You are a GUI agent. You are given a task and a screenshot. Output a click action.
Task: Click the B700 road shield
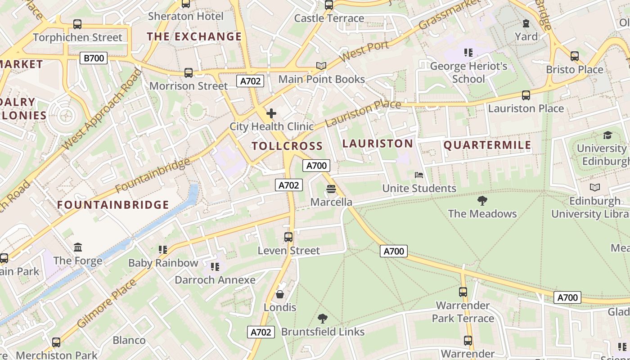(94, 58)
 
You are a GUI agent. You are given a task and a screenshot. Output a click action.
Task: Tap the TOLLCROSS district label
(287, 146)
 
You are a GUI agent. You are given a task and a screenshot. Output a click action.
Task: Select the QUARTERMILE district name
(487, 145)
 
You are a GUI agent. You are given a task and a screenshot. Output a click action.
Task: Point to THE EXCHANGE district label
(194, 36)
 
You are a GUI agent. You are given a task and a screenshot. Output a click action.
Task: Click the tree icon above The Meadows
(482, 201)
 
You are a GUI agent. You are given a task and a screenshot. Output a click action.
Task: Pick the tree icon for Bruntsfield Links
(322, 319)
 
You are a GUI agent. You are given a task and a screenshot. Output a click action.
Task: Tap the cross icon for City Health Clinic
(271, 113)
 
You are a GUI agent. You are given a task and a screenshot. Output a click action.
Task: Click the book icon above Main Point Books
(321, 66)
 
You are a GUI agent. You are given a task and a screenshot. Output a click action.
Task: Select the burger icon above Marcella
(331, 189)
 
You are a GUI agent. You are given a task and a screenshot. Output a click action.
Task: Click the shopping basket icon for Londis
(280, 295)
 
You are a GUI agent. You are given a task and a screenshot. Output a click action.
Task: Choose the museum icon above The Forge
(78, 247)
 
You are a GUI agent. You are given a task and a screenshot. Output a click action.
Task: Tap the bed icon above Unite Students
(419, 175)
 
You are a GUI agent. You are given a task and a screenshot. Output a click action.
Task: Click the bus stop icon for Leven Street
(288, 237)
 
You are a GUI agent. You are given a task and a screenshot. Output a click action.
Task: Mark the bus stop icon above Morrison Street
(189, 73)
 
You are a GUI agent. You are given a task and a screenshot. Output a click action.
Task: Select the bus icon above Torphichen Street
(77, 24)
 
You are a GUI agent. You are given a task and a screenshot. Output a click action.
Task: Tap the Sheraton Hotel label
(186, 16)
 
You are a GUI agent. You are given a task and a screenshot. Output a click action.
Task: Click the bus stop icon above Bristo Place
(575, 56)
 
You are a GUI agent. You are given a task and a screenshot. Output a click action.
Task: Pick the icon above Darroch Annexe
(215, 267)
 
